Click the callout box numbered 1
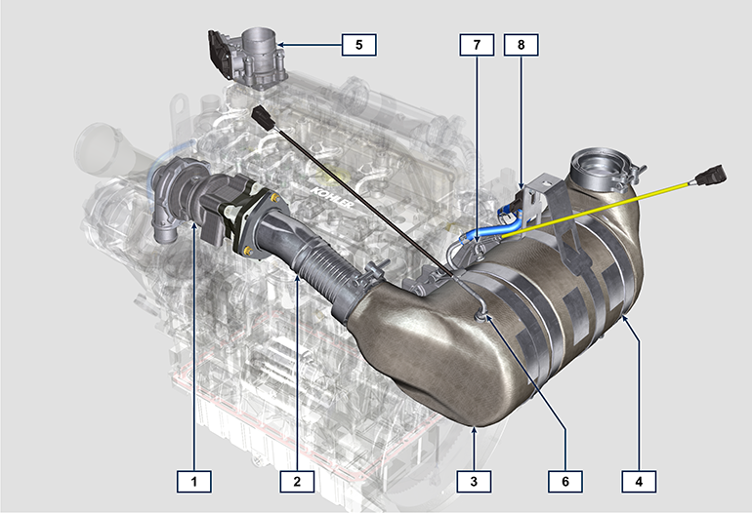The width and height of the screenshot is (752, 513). click(x=194, y=481)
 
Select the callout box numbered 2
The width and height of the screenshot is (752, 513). click(x=297, y=481)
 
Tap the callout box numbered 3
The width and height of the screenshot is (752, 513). click(x=474, y=481)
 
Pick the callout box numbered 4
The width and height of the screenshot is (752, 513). click(x=639, y=481)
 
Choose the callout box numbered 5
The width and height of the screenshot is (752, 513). click(x=358, y=45)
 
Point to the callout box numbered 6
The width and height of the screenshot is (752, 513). click(x=565, y=481)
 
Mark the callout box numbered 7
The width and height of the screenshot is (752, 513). click(x=477, y=45)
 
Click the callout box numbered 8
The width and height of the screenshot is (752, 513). click(x=521, y=45)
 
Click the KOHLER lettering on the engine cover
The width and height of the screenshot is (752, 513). click(x=332, y=197)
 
